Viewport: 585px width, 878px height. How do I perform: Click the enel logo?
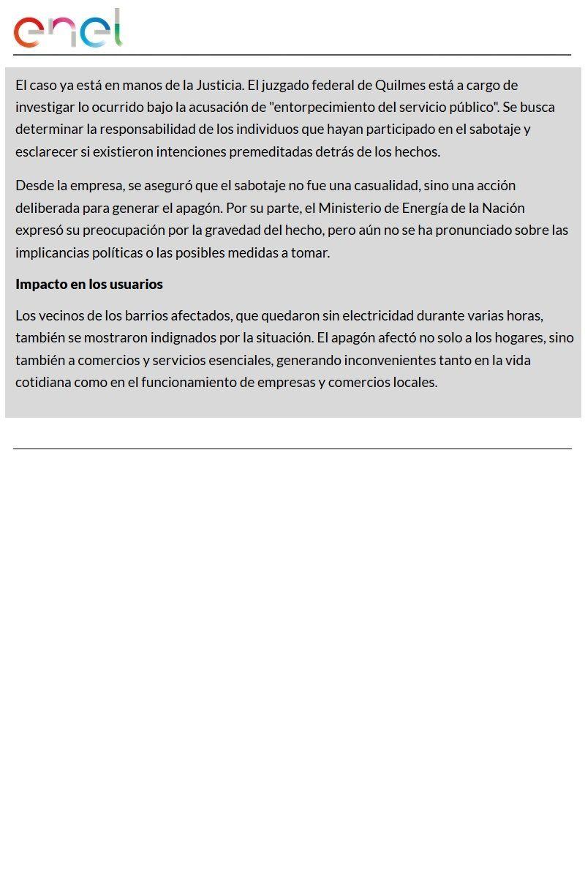point(67,29)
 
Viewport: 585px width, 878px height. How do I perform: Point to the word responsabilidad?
point(153,130)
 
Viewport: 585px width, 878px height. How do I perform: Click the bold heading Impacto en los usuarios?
point(89,284)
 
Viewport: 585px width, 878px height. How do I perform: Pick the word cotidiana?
point(42,382)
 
